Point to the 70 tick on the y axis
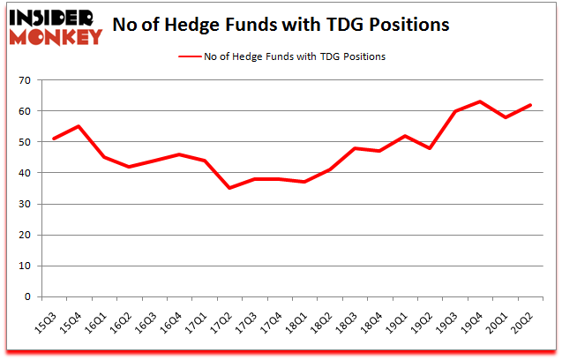pos(25,81)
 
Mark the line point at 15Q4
pos(79,126)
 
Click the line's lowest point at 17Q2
pos(230,188)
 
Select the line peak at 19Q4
pos(480,101)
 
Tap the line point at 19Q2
pos(431,148)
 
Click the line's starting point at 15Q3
pos(55,139)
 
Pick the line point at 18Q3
pos(356,148)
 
